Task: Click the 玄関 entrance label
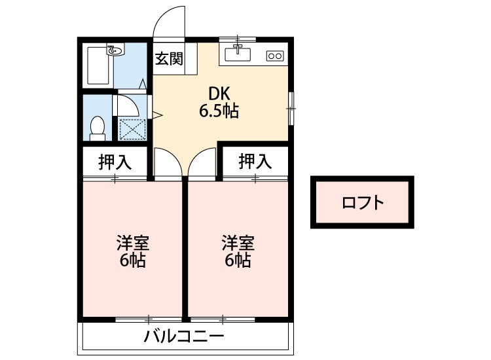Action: [168, 59]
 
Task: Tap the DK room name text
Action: [218, 94]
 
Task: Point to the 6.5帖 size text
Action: [218, 111]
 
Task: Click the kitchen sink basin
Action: [237, 53]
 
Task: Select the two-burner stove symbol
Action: [274, 56]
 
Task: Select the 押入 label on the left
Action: [115, 162]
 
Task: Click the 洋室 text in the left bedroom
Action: [132, 243]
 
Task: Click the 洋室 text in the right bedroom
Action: [237, 243]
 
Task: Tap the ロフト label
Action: [363, 202]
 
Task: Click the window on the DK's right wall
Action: [291, 105]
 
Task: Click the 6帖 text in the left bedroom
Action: [132, 261]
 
